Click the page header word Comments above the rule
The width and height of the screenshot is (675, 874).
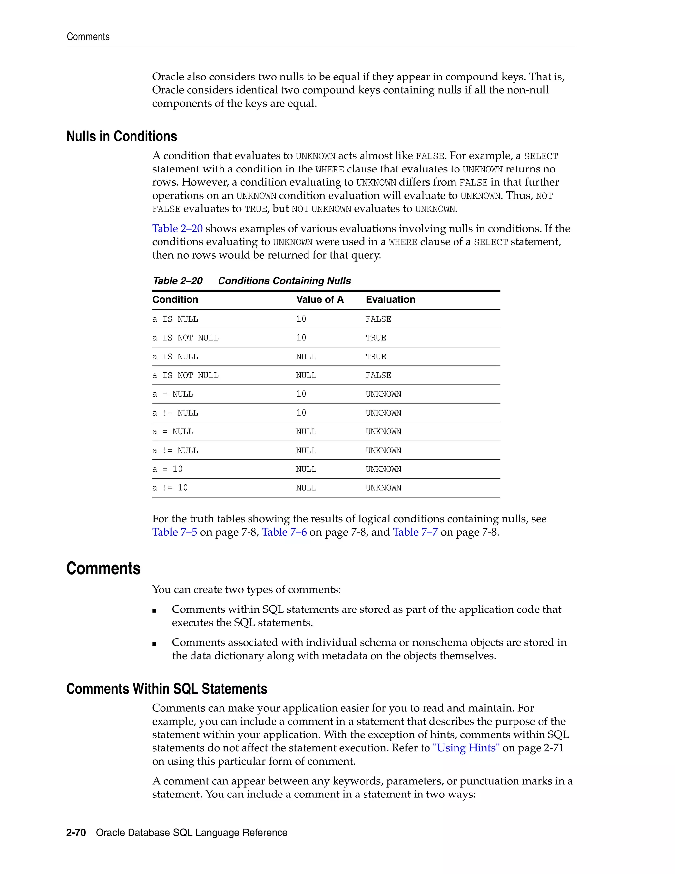[88, 37]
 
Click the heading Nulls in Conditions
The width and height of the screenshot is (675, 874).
[122, 137]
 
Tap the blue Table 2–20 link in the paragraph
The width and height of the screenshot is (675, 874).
[177, 229]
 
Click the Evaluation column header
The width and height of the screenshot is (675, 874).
[390, 300]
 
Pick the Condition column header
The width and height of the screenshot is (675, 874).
[175, 300]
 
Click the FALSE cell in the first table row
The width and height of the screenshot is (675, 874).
[378, 319]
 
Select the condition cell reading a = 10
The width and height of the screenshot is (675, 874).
[167, 469]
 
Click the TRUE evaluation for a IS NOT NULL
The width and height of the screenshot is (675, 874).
[375, 338]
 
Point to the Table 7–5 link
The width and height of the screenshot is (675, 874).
[174, 532]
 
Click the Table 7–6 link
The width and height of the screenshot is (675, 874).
[284, 532]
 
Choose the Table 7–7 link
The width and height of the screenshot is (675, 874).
[415, 532]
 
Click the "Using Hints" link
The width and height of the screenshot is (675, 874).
[466, 748]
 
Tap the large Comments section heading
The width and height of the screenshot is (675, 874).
[103, 568]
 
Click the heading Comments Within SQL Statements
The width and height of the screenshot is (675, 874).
[166, 689]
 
